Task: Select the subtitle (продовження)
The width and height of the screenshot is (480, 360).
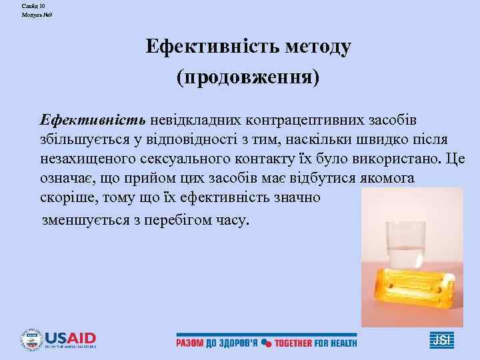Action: (x=248, y=78)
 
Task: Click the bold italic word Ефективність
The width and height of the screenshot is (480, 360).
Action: (x=93, y=121)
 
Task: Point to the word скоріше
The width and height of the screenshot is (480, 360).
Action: (x=65, y=199)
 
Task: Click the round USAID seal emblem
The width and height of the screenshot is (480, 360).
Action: (x=31, y=341)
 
